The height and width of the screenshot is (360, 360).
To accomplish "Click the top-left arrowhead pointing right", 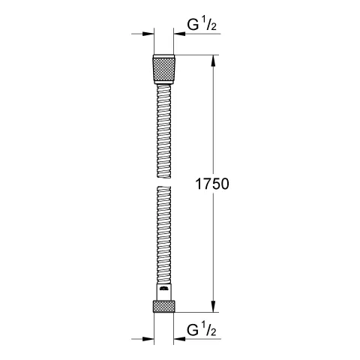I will coord(147,34).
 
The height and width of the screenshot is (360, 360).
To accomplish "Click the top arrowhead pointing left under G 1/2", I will coord(184,34).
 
